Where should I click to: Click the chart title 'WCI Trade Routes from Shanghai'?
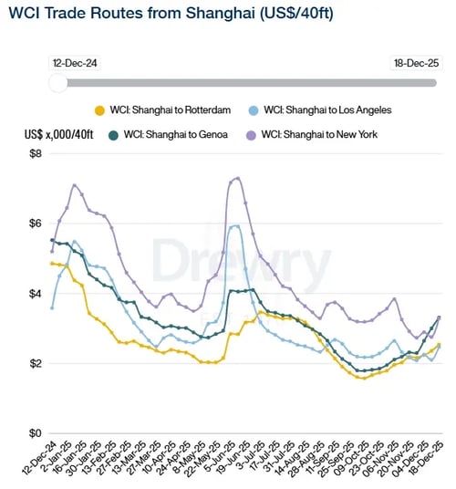[x=146, y=19]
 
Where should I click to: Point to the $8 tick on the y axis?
[x=35, y=153]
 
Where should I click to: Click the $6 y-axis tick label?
[x=35, y=224]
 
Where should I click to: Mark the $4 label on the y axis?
[x=35, y=294]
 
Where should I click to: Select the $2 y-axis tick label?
[x=35, y=364]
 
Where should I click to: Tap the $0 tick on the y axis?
[x=35, y=433]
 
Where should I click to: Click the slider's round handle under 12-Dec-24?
[x=58, y=83]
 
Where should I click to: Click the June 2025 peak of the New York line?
[x=238, y=178]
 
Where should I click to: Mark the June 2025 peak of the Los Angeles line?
[x=237, y=225]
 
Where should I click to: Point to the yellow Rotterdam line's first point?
[x=52, y=263]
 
